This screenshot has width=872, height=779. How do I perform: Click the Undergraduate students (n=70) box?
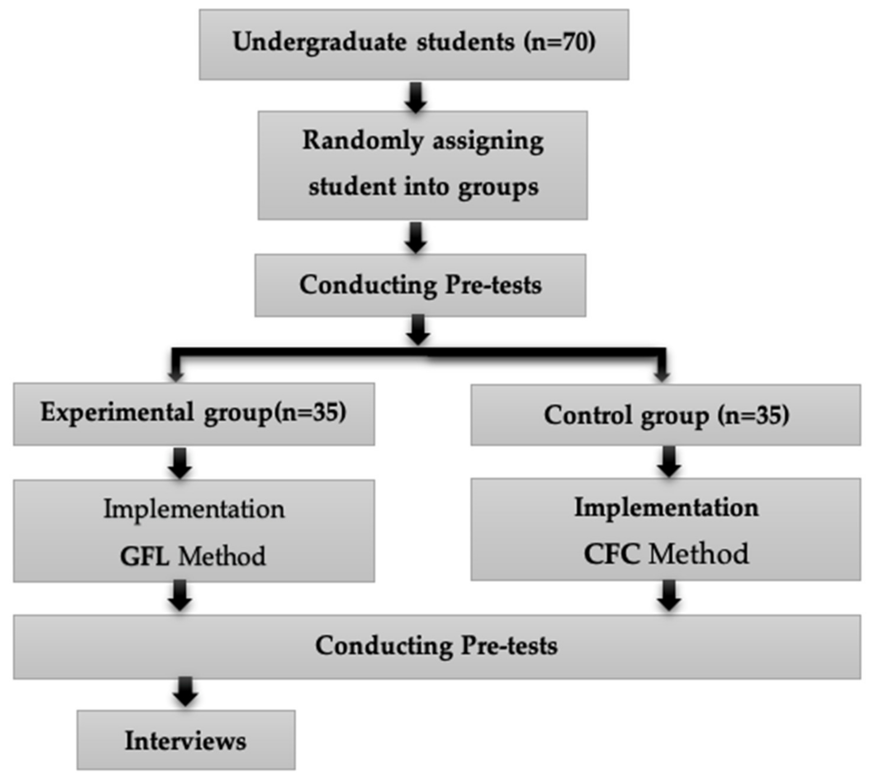(x=414, y=44)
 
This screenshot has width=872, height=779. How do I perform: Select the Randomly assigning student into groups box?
(x=422, y=165)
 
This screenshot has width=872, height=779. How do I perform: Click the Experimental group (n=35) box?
(x=194, y=414)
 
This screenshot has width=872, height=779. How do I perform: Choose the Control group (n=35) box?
(x=666, y=415)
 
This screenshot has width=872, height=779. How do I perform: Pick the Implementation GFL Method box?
(x=194, y=531)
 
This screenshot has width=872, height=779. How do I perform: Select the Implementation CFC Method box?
(x=666, y=529)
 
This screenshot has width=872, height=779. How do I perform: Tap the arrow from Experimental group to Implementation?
(x=180, y=463)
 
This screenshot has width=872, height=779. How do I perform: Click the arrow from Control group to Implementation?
(x=668, y=462)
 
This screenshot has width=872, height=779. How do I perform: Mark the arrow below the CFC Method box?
(x=668, y=595)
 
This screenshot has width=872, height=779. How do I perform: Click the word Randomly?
(x=363, y=141)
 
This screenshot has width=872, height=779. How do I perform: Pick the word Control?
(x=588, y=415)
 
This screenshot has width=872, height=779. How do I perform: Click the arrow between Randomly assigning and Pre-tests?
(x=416, y=238)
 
